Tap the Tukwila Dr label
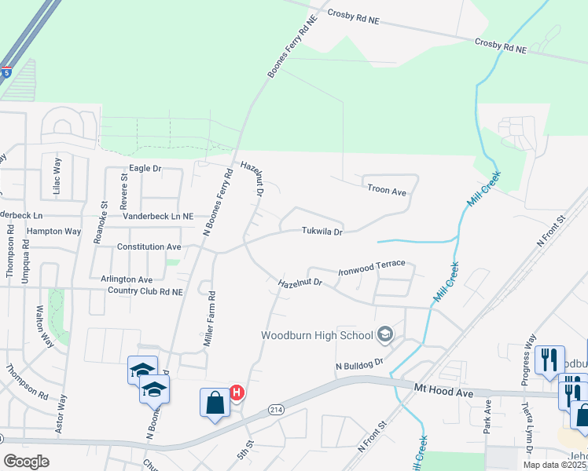(x=322, y=232)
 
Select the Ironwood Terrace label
(x=372, y=268)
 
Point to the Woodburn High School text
(x=317, y=336)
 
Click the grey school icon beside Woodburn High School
(x=385, y=336)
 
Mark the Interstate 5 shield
(x=6, y=72)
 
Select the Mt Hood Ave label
(x=444, y=388)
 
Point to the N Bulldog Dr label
(x=358, y=365)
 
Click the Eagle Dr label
(x=145, y=169)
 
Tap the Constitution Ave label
(x=149, y=246)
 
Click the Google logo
(x=26, y=462)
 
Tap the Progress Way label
(x=528, y=360)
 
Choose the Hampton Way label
(x=54, y=232)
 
